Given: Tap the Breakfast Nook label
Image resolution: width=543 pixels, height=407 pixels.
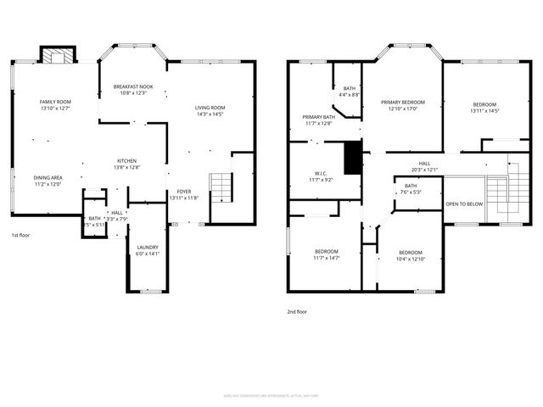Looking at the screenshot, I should (x=133, y=86).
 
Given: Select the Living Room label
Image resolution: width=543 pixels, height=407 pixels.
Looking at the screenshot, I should (x=210, y=107).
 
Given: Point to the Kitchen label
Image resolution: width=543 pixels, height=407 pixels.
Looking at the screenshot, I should (x=126, y=161).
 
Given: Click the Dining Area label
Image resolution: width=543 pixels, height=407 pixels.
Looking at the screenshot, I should (x=48, y=178).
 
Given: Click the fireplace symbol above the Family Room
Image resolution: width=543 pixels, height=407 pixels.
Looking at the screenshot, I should (x=58, y=57).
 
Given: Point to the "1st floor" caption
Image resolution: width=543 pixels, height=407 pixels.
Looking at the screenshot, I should (x=20, y=235).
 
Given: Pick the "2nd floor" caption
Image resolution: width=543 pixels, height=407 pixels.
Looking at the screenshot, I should (x=298, y=311).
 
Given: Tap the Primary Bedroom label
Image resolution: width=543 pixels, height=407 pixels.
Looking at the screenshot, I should (x=402, y=102).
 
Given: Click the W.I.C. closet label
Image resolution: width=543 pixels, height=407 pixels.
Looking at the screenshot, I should (x=319, y=174).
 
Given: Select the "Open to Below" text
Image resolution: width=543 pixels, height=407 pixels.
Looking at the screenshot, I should (x=465, y=204).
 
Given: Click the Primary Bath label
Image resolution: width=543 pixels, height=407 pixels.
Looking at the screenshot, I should (x=319, y=117).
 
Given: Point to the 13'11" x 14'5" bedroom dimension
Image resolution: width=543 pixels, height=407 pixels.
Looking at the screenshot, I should (x=484, y=111).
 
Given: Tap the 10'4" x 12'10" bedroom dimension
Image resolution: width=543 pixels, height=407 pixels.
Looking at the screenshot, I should (x=411, y=259).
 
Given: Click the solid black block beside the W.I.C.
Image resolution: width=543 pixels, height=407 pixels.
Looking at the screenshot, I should (x=352, y=159).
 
